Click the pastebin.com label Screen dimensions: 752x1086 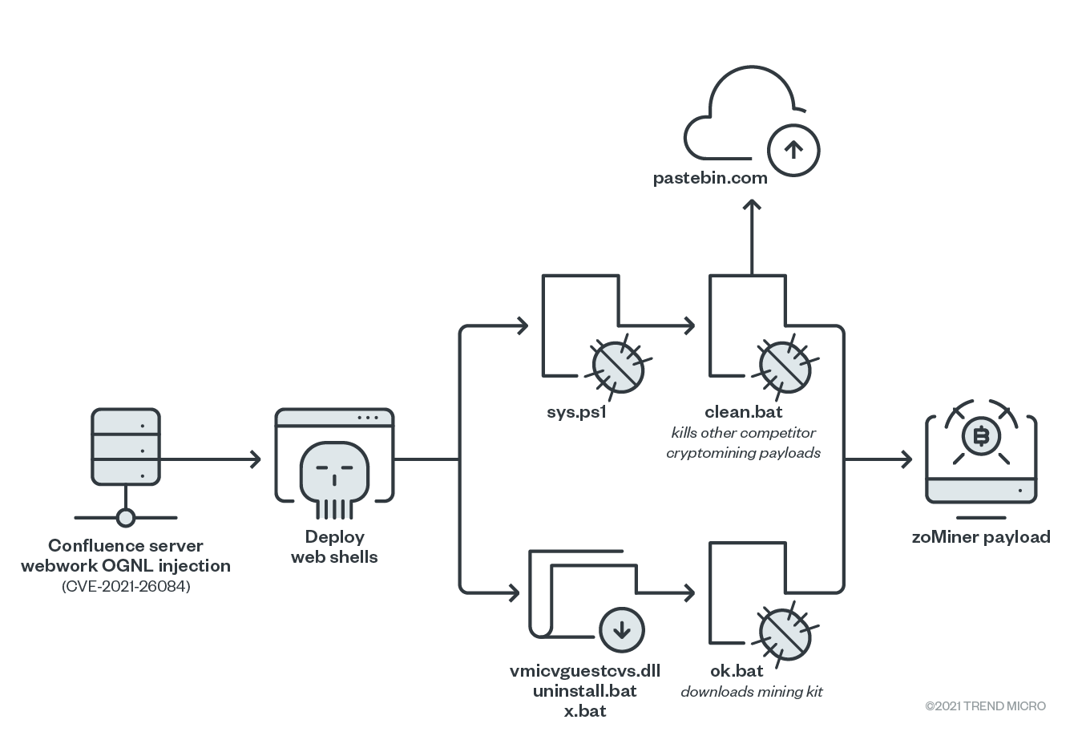710,178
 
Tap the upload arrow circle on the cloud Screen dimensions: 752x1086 793,150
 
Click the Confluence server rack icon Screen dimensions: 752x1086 126,447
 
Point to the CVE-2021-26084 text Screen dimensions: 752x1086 126,586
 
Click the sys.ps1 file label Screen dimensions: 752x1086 576,413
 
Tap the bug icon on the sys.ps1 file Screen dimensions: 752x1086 618,366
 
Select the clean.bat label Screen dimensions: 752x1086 743,412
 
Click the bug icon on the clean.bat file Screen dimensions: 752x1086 785,366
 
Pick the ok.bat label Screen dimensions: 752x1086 737,671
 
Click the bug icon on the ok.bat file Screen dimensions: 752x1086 785,634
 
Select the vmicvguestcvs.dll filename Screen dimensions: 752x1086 585,671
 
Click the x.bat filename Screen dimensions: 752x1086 585,711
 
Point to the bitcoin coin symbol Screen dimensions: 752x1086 980,437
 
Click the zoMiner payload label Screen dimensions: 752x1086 981,537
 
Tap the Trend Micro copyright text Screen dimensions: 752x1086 985,706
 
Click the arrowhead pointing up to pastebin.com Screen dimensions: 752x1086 751,205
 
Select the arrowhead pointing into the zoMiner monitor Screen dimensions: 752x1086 906,459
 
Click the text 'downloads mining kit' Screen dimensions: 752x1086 751,692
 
